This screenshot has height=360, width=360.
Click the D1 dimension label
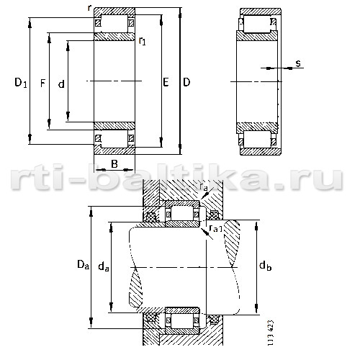[21, 83]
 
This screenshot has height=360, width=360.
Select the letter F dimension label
[42, 84]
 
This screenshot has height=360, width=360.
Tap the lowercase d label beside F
[61, 84]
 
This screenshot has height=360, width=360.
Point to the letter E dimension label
[166, 82]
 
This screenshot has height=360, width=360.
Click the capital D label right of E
[186, 82]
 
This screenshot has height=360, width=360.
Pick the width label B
[114, 164]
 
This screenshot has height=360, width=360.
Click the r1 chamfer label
[142, 41]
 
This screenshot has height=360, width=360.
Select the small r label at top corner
[89, 8]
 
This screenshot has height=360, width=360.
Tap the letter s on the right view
[298, 63]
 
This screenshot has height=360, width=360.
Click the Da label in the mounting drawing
[83, 264]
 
